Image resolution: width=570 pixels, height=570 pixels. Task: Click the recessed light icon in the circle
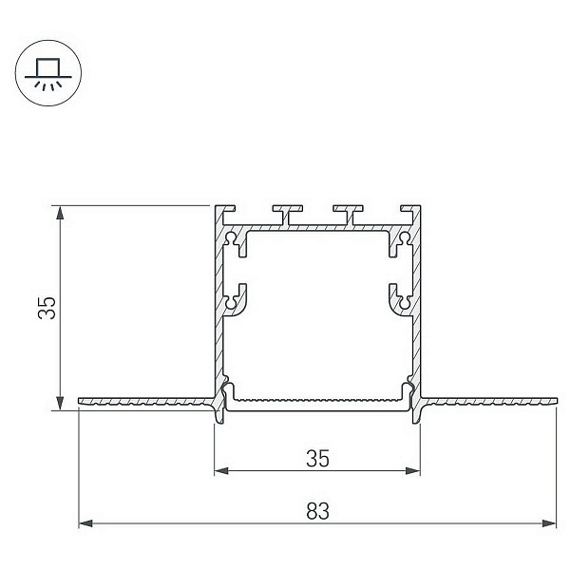pyautogui.click(x=48, y=73)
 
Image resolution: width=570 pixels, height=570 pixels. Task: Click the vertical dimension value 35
pyautogui.click(x=47, y=308)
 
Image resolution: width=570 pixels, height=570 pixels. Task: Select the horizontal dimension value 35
pyautogui.click(x=317, y=459)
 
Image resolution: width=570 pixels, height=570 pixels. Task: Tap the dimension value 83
pyautogui.click(x=317, y=511)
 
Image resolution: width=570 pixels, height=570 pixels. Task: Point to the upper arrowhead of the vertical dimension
pyautogui.click(x=60, y=213)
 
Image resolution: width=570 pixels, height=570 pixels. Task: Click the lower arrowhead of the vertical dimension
pyautogui.click(x=60, y=404)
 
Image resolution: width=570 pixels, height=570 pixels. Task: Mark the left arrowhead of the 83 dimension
pyautogui.click(x=85, y=523)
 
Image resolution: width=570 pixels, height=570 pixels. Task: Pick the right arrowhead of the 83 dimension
pyautogui.click(x=549, y=523)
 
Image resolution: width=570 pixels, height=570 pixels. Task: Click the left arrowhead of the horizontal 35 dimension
pyautogui.click(x=221, y=471)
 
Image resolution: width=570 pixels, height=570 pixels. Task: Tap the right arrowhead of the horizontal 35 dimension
pyautogui.click(x=413, y=471)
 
